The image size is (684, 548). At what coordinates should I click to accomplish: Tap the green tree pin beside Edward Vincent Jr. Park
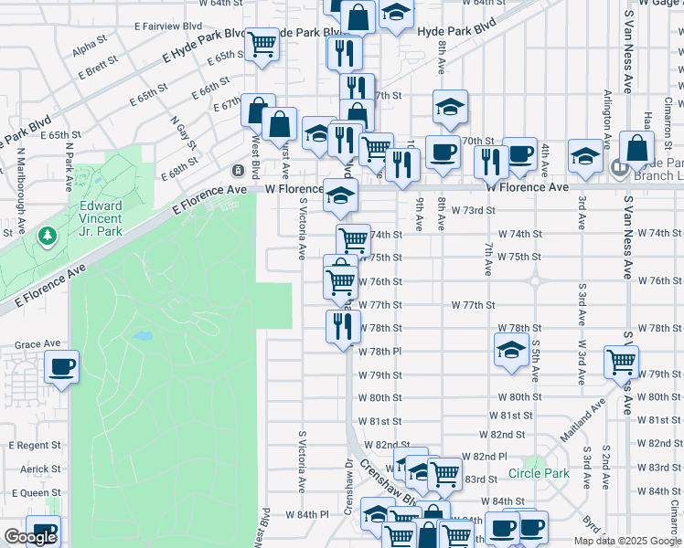[x=47, y=237]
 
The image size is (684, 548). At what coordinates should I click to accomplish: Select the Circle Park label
[x=539, y=473]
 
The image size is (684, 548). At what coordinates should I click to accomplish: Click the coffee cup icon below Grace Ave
[x=61, y=368]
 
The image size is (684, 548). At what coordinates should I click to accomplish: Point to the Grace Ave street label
[x=37, y=344]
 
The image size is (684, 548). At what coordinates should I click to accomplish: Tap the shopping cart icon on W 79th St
[x=621, y=362]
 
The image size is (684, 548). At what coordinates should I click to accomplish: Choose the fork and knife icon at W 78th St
[x=343, y=326]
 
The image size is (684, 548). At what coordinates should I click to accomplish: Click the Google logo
[x=30, y=537]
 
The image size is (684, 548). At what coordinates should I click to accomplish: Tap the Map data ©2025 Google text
[x=627, y=541]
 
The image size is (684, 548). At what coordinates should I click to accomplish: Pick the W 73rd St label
[x=473, y=210]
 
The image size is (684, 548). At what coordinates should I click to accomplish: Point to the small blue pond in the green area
[x=142, y=336]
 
